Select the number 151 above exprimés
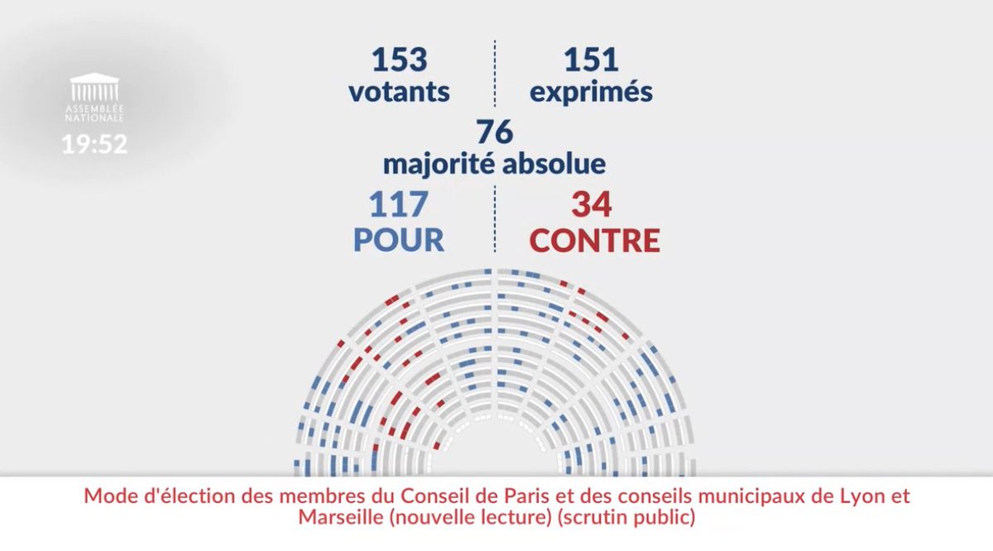[x=591, y=60]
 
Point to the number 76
[x=495, y=132]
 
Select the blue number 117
[x=398, y=205]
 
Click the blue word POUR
[x=399, y=240]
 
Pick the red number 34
[x=592, y=205]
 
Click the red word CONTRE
[x=594, y=240]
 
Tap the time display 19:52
[x=94, y=145]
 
